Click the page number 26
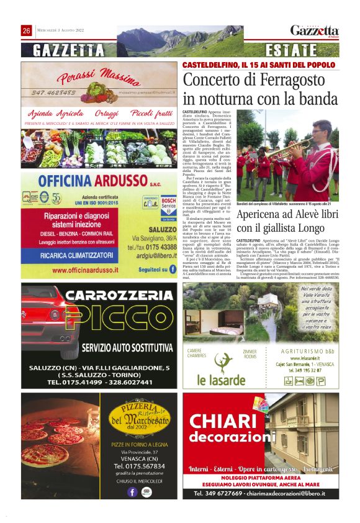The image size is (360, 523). click(x=27, y=31)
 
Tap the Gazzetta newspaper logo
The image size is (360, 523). click(x=315, y=31)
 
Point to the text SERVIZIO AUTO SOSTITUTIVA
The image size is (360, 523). click(x=127, y=347)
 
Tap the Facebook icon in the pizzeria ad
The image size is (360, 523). click(x=132, y=492)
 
